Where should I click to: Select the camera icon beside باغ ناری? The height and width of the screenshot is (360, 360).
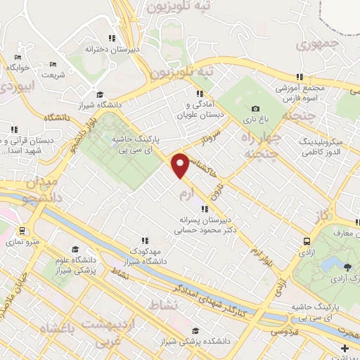[x=255, y=108]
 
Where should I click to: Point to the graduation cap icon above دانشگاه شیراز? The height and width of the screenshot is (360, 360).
[x=100, y=94]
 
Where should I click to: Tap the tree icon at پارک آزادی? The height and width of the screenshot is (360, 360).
[x=347, y=266]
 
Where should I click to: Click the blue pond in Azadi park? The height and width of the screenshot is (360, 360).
[x=329, y=264]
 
